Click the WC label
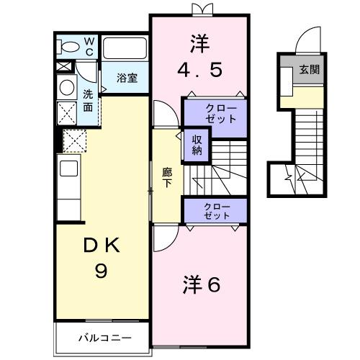89,47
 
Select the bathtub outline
125,48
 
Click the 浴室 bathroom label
127,78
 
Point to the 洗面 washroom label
87,100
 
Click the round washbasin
66,87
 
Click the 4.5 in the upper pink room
200,70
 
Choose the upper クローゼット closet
215,113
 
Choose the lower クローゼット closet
215,211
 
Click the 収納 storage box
197,145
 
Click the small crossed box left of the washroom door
63,66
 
